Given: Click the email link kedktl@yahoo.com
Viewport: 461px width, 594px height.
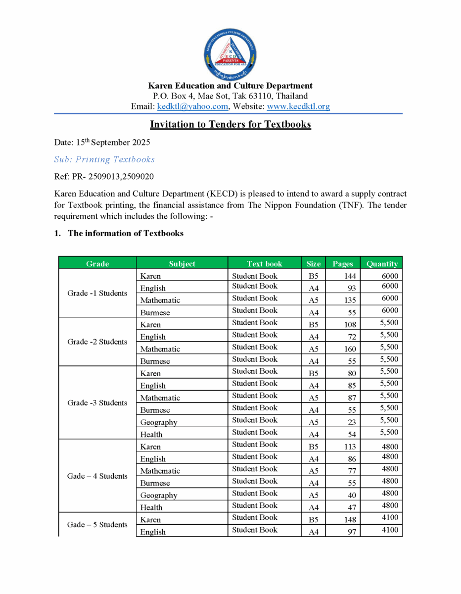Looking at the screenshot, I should [x=192, y=106].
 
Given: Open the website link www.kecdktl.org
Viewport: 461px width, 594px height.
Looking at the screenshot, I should [x=298, y=106].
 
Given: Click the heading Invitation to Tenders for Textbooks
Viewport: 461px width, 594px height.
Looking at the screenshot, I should [x=230, y=124].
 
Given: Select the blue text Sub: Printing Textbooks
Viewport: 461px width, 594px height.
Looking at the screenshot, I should [x=104, y=159].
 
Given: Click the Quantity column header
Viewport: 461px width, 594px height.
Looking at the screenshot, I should [x=382, y=264].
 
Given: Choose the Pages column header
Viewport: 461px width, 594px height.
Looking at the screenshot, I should [x=343, y=264].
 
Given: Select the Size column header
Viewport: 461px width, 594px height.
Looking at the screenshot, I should [x=314, y=264].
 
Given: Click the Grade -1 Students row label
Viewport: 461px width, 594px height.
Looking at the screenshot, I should [x=97, y=293].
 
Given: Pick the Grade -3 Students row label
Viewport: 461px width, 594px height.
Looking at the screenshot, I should [x=97, y=403].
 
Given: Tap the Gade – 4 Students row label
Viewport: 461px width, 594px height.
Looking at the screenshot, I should [x=97, y=476].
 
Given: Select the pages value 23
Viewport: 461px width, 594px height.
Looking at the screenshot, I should [x=352, y=422].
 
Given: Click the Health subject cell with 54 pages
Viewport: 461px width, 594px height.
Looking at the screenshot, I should [x=151, y=435].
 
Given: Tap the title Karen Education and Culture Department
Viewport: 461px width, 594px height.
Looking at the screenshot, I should [x=230, y=86].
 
